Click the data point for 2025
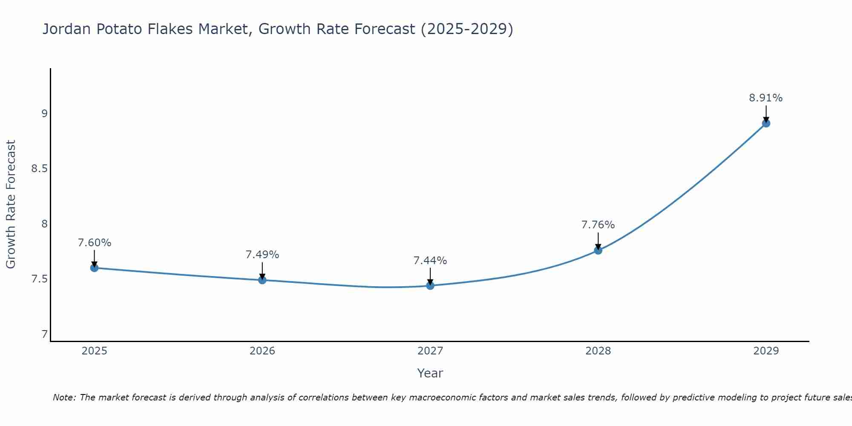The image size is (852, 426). pyautogui.click(x=94, y=268)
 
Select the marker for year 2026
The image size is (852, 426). pyautogui.click(x=262, y=280)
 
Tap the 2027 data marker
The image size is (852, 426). pyautogui.click(x=430, y=285)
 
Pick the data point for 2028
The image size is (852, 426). pyautogui.click(x=598, y=250)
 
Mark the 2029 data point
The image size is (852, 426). pyautogui.click(x=766, y=124)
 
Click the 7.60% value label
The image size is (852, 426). pyautogui.click(x=94, y=243)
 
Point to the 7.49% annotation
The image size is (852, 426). pyautogui.click(x=262, y=255)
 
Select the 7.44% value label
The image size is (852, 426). pyautogui.click(x=430, y=260)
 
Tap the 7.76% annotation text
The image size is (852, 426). pyautogui.click(x=598, y=225)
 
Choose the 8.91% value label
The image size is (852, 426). pyautogui.click(x=766, y=98)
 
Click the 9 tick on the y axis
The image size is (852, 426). pyautogui.click(x=44, y=113)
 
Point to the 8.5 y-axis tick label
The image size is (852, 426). pyautogui.click(x=40, y=169)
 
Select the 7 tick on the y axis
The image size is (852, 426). pyautogui.click(x=44, y=334)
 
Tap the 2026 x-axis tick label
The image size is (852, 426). pyautogui.click(x=262, y=351)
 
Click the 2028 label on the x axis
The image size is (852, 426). pyautogui.click(x=598, y=351)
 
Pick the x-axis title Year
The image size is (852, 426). pyautogui.click(x=430, y=373)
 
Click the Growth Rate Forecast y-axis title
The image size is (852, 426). pyautogui.click(x=11, y=204)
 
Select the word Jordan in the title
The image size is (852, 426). pyautogui.click(x=67, y=29)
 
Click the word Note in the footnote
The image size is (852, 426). pyautogui.click(x=63, y=397)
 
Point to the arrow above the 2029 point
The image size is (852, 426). pyautogui.click(x=766, y=113)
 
